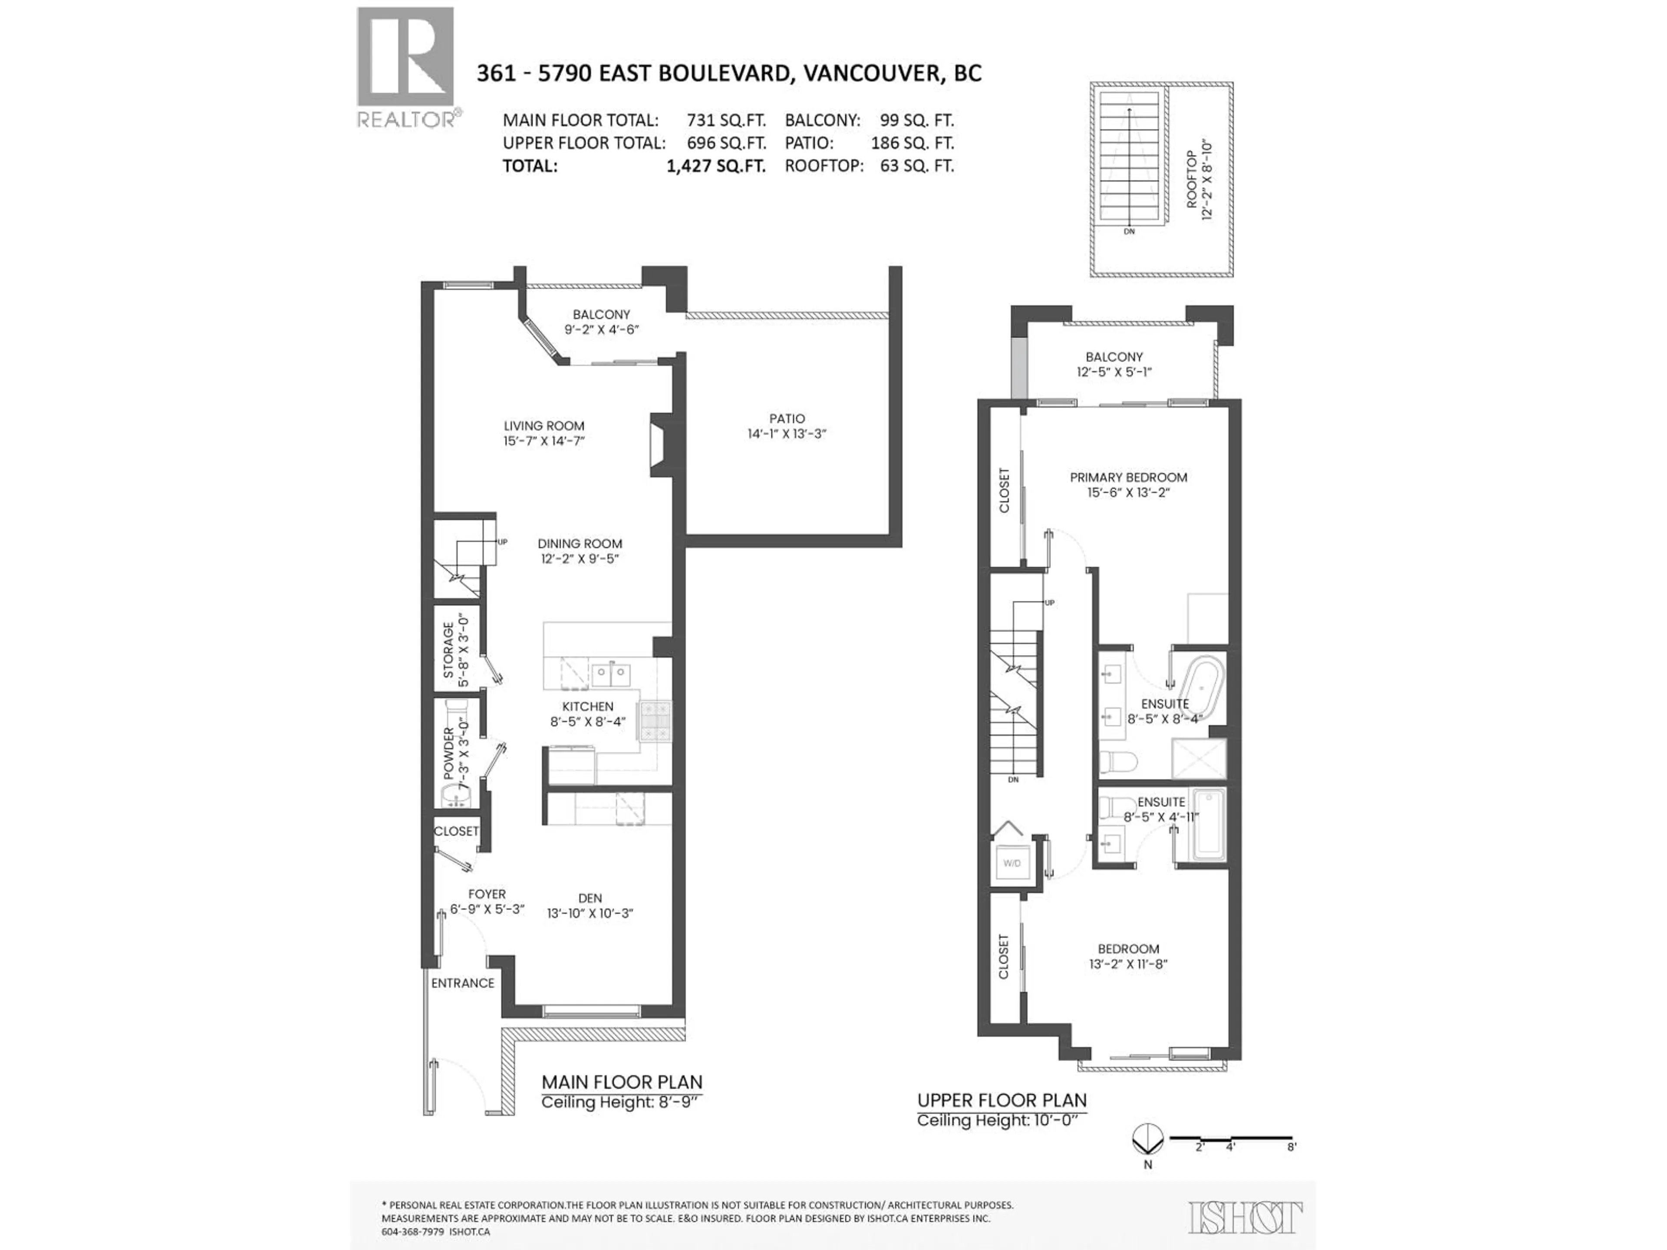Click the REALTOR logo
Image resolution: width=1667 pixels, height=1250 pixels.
click(x=405, y=68)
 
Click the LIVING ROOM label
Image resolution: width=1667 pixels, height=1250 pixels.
click(x=544, y=426)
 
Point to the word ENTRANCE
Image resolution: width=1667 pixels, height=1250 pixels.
click(x=463, y=983)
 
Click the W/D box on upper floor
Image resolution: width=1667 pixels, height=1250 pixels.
click(x=1011, y=863)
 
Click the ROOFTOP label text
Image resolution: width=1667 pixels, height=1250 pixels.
click(x=1192, y=179)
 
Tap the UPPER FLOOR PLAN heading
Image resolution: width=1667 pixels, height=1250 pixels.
click(x=1002, y=1100)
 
